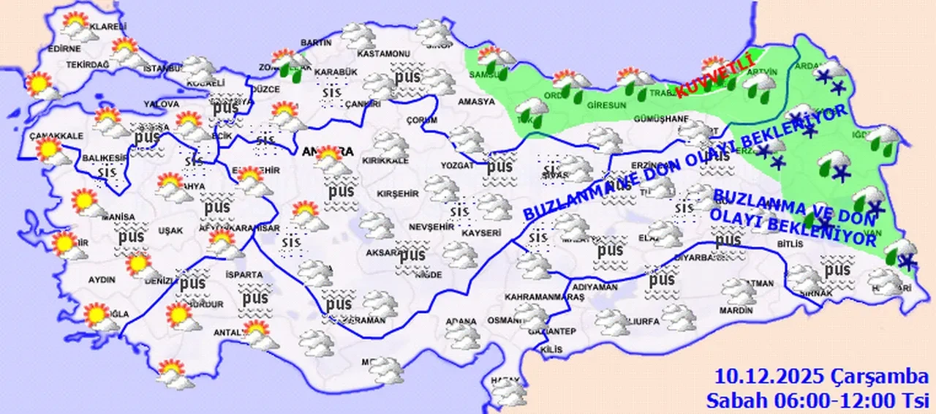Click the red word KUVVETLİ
click(713, 78)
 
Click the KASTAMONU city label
click(382, 54)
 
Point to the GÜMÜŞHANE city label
click(661, 118)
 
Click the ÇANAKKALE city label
click(54, 136)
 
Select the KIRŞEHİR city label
click(398, 192)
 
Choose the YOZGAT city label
click(457, 165)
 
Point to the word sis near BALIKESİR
click(108, 171)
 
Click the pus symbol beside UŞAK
click(132, 236)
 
